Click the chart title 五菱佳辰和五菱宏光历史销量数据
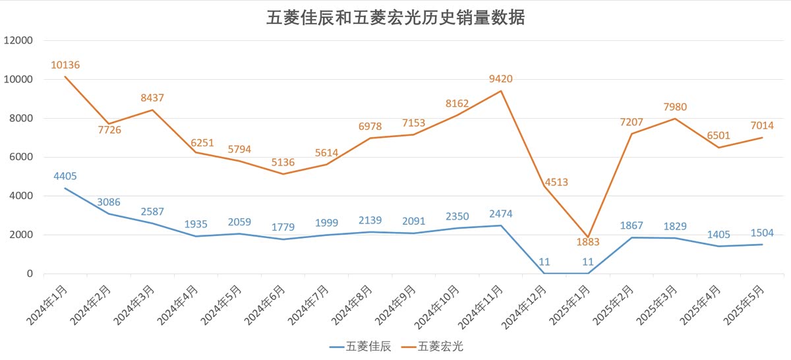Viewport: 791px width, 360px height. [395, 18]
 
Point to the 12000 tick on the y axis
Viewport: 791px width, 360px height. [18, 41]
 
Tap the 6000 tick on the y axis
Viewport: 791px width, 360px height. [21, 157]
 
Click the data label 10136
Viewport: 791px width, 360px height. [65, 65]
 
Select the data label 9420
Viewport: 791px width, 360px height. [501, 79]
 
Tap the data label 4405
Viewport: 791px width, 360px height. [65, 176]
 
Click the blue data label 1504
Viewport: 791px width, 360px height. [762, 233]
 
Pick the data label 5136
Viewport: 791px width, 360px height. [283, 162]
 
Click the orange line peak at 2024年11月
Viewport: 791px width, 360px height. [501, 91]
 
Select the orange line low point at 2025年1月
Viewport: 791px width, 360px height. [588, 237]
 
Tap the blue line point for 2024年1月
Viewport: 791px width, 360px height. [65, 189]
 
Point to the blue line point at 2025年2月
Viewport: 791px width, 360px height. [631, 237]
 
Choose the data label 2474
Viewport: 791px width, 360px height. [501, 214]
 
